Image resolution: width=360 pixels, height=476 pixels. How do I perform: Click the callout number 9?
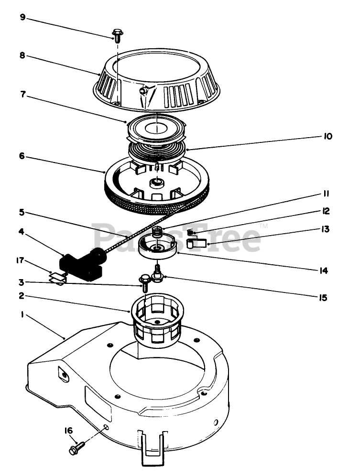pyautogui.click(x=22, y=18)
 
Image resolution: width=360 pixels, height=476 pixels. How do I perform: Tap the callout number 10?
pyautogui.click(x=327, y=137)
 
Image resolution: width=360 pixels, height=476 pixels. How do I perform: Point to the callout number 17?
pyautogui.click(x=19, y=260)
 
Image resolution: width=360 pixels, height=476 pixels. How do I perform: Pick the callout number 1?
pyautogui.click(x=22, y=316)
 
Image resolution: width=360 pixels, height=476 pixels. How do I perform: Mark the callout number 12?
pyautogui.click(x=326, y=210)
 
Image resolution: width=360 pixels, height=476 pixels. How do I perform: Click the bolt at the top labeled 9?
pyautogui.click(x=117, y=34)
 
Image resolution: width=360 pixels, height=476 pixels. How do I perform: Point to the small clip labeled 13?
pyautogui.click(x=196, y=243)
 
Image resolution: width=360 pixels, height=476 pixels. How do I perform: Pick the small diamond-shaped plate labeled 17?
pyautogui.click(x=57, y=277)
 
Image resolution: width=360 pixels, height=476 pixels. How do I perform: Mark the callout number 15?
pyautogui.click(x=323, y=297)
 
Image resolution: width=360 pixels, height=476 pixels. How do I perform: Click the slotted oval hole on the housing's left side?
pyautogui.click(x=63, y=374)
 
